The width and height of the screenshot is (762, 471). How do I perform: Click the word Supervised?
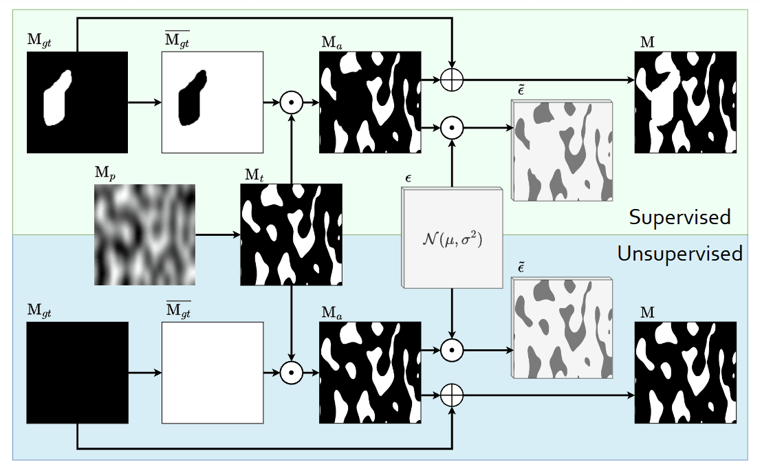pyautogui.click(x=679, y=217)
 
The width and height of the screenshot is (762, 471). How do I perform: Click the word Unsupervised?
pyautogui.click(x=679, y=254)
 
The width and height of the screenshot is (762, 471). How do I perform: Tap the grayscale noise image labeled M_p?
pyautogui.click(x=144, y=234)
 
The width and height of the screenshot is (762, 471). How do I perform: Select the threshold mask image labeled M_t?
pyautogui.click(x=291, y=234)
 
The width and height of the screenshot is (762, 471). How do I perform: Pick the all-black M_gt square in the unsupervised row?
pyautogui.click(x=77, y=373)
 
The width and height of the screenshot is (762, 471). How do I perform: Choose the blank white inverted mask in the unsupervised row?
pyautogui.click(x=213, y=373)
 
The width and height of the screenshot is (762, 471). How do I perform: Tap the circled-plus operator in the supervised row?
pyautogui.click(x=452, y=80)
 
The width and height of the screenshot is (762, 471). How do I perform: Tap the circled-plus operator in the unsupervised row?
pyautogui.click(x=452, y=395)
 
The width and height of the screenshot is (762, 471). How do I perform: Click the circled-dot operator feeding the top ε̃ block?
pyautogui.click(x=452, y=127)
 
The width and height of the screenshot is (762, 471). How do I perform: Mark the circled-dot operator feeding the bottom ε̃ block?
pyautogui.click(x=452, y=349)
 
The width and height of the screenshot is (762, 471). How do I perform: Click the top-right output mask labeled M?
pyautogui.click(x=685, y=102)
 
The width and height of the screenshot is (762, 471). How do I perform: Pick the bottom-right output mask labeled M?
pyautogui.click(x=685, y=373)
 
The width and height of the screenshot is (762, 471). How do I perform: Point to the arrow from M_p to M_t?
pyautogui.click(x=217, y=234)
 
